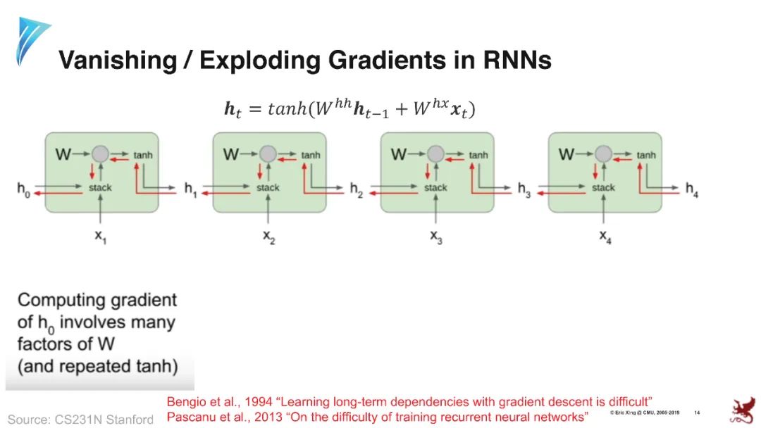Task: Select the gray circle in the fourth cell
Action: [603, 153]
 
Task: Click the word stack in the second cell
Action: [268, 188]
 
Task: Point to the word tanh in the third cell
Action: [478, 155]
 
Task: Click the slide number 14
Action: [697, 413]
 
